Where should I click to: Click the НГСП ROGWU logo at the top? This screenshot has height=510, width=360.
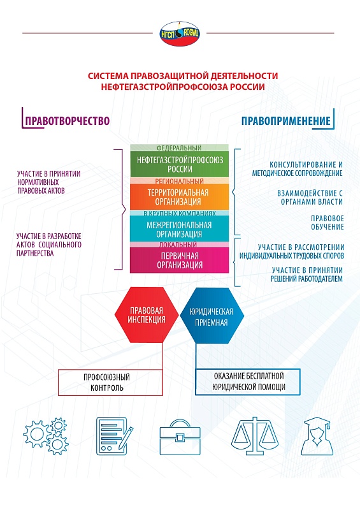pos(180,34)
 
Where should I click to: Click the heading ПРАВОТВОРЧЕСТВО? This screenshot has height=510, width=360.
pos(68,120)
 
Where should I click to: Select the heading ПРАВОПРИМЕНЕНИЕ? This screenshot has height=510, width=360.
pos(286,120)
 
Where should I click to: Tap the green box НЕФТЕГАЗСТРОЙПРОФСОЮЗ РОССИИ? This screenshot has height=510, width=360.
pos(180,164)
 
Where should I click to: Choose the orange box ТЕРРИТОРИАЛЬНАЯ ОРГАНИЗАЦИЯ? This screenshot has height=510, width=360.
pos(180,197)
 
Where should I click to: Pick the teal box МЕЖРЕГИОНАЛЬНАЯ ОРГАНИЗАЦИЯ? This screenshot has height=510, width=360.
pos(180,229)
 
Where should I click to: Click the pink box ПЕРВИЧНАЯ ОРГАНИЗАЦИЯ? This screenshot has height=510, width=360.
pos(180,260)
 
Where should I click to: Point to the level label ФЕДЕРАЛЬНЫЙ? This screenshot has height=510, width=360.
pos(179,148)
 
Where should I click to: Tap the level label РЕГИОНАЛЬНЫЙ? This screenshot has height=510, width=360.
pos(179,181)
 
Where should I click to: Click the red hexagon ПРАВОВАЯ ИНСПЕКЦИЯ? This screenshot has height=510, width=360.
pos(147,315)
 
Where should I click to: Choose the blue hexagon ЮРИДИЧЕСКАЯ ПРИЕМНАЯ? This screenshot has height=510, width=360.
pos(212,316)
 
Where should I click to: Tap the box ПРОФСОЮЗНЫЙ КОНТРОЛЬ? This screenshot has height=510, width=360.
pos(110,382)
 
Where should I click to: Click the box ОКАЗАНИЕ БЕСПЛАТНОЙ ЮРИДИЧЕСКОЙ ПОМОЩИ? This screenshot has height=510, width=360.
pos(247,381)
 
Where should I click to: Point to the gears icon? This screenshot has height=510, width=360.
pos(46,436)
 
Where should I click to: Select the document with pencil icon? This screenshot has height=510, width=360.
pos(115,436)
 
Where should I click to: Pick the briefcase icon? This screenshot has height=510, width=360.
pos(180,437)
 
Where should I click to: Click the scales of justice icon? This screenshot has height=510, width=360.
pos(255,435)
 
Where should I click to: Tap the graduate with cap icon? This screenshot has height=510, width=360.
pos(317,436)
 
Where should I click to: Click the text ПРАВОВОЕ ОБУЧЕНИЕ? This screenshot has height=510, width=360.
pos(327,222)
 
